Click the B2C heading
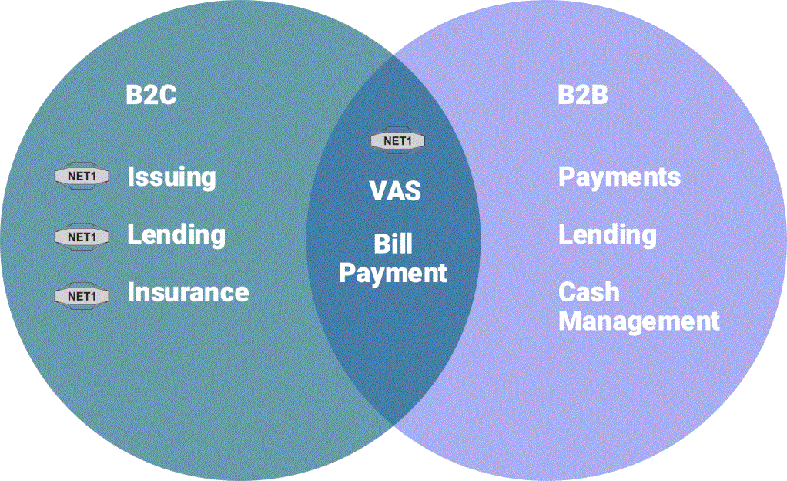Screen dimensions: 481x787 (152, 96)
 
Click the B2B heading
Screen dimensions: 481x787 (583, 96)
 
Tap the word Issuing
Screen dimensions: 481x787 (172, 177)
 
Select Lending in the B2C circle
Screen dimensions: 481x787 (176, 234)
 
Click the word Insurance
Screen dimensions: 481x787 (188, 293)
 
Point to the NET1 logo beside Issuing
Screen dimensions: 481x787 (82, 177)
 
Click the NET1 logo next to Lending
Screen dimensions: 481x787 (82, 237)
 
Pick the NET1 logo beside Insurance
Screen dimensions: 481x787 (82, 295)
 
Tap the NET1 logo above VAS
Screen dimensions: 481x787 (397, 141)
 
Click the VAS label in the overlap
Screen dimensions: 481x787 (395, 190)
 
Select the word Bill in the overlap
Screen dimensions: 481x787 (393, 244)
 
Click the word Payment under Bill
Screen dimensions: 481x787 (393, 273)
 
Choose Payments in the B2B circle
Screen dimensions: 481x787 (619, 177)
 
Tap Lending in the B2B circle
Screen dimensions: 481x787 (608, 234)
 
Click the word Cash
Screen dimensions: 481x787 (588, 292)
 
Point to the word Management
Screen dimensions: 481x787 (638, 321)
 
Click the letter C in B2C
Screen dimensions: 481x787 (168, 96)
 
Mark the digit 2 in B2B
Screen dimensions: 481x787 (583, 96)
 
